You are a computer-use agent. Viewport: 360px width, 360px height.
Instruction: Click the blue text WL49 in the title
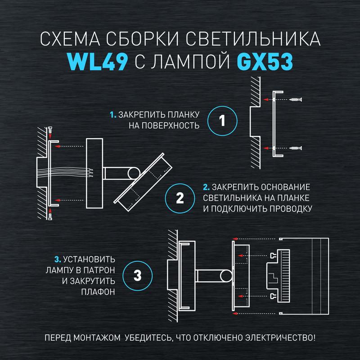97,62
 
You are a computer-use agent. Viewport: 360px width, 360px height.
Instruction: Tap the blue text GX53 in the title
265,62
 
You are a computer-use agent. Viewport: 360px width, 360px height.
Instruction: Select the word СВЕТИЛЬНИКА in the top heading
253,39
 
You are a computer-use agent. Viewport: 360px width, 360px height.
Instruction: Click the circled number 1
222,121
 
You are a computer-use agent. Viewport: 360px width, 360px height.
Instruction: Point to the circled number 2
180,198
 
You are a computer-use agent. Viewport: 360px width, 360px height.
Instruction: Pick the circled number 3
137,275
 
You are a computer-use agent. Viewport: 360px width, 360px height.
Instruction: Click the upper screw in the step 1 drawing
296,99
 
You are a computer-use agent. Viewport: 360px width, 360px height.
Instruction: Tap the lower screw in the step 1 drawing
296,148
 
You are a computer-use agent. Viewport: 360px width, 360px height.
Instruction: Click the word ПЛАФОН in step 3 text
98,292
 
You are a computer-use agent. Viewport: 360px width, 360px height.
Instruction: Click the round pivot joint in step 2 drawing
134,173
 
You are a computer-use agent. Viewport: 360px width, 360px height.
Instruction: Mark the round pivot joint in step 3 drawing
226,276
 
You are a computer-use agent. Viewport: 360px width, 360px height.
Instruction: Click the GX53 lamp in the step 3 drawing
278,275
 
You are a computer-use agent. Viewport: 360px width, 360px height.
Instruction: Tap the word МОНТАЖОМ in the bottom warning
97,338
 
